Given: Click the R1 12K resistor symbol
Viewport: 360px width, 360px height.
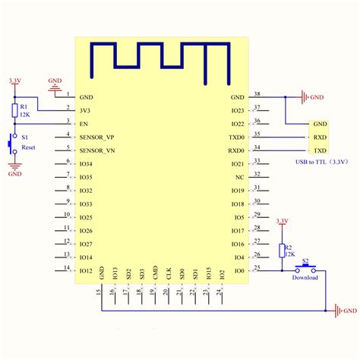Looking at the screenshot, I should coord(14,111).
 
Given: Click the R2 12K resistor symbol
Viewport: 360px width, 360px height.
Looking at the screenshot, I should coord(283,251).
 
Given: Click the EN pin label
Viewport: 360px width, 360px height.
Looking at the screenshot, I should coord(84,123).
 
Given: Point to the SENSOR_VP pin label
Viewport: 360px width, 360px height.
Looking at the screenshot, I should coord(96,137).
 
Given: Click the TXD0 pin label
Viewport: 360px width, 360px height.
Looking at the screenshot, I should coord(237,137).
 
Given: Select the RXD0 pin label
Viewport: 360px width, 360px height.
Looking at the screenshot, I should coord(237,150).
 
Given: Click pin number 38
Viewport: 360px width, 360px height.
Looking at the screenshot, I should coord(256,93).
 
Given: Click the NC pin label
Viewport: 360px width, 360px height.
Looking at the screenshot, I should coord(240,177).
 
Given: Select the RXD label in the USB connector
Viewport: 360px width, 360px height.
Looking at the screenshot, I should coord(320,137).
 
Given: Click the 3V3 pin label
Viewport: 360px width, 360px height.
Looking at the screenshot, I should coord(85,110).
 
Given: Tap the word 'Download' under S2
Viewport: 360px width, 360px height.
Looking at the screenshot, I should coord(305,278).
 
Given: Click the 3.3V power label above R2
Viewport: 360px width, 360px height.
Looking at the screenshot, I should coord(282,220).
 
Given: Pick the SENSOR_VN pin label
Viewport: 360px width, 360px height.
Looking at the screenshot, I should coord(96,150).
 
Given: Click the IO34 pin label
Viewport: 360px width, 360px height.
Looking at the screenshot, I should coord(86,163).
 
